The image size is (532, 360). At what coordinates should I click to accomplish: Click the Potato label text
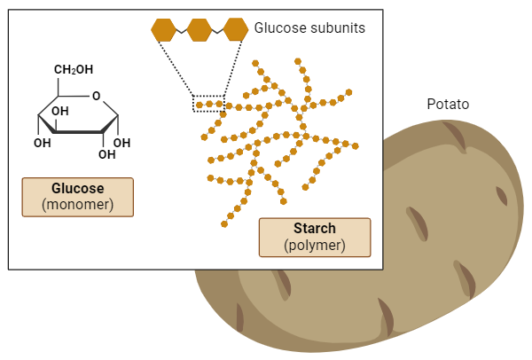point(448,105)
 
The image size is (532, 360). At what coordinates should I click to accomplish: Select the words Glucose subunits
point(309,28)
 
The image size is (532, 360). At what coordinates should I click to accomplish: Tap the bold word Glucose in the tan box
point(78,189)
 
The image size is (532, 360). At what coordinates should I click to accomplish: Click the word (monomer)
point(78,205)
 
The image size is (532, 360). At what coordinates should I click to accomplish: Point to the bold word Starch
point(315,229)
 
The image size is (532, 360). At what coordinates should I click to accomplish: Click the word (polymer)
point(315,245)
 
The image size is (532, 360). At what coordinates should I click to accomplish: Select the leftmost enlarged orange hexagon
point(164,30)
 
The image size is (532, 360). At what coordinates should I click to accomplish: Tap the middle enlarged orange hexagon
point(199,30)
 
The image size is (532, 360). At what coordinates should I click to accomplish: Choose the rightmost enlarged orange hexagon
point(235,30)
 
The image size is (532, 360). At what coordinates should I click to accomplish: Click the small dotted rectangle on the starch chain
point(209,104)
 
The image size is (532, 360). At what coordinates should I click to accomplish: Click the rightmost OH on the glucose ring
point(123,142)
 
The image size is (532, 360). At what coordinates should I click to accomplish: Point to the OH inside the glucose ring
point(60,112)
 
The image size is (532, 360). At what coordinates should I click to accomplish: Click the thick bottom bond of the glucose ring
point(80,132)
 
